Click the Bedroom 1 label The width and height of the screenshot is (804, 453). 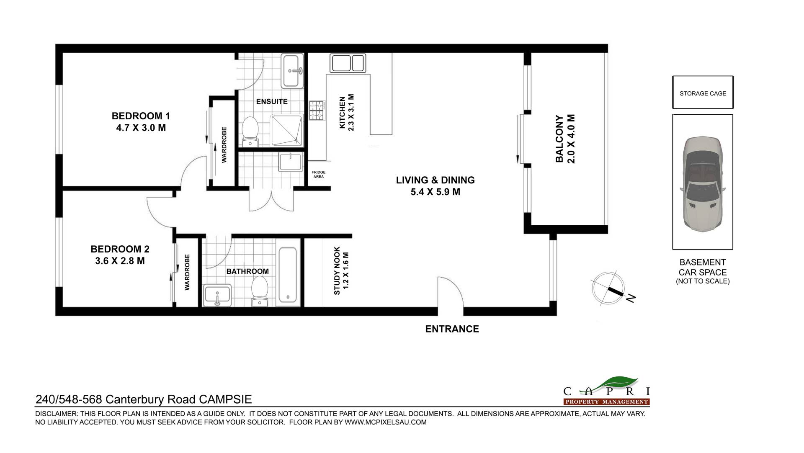(141, 116)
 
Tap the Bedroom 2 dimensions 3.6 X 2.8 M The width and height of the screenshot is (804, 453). (120, 261)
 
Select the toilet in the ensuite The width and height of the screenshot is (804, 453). (250, 131)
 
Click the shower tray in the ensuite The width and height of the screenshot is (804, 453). (286, 130)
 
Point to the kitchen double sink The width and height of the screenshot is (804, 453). (348, 63)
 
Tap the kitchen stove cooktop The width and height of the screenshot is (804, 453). (317, 111)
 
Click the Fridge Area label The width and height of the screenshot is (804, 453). (318, 175)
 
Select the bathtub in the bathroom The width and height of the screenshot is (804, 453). (288, 275)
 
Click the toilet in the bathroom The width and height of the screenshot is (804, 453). (260, 291)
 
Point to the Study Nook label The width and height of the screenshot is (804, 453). (337, 271)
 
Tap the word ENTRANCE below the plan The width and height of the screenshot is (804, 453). (452, 329)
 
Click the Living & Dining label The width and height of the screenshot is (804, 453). (435, 180)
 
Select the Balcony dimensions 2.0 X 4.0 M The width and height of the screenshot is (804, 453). (571, 139)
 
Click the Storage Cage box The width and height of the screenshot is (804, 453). (703, 93)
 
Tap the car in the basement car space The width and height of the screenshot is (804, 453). (703, 184)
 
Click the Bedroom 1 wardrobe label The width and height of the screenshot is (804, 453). (224, 145)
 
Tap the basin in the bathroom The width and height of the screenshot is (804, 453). (217, 295)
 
